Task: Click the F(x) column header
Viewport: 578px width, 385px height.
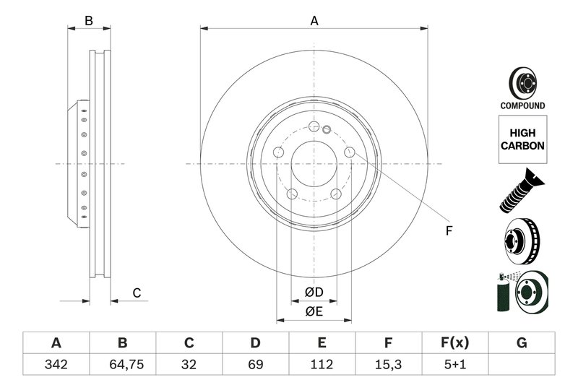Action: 455,342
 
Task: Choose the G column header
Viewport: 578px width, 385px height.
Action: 522,342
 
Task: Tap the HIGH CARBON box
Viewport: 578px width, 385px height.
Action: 522,139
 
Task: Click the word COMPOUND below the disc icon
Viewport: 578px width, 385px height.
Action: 522,105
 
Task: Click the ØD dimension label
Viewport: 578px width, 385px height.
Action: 313,293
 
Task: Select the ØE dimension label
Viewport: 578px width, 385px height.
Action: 313,311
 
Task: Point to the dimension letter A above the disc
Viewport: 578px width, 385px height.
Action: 314,21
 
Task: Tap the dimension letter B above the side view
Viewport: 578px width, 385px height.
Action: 89,21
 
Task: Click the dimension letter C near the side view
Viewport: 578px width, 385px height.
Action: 136,293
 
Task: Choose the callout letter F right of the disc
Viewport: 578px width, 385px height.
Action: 448,231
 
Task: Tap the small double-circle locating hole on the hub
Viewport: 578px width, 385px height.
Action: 326,130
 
